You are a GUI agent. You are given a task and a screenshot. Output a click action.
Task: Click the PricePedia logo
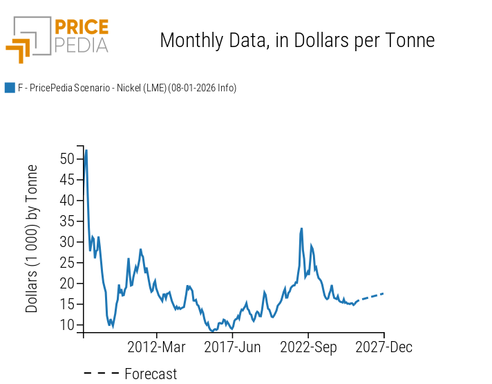click(x=57, y=39)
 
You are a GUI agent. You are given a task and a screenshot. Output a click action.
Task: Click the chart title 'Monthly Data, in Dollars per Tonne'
click(x=297, y=40)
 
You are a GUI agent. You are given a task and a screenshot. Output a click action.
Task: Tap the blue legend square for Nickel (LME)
click(x=10, y=88)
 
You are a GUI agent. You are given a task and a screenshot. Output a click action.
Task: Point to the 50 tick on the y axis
click(x=67, y=158)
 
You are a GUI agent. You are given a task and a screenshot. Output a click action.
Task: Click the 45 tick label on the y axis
click(x=67, y=179)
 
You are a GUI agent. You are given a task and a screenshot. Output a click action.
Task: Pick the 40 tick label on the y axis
click(x=67, y=200)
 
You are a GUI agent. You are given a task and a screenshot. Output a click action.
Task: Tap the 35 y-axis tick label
click(x=67, y=221)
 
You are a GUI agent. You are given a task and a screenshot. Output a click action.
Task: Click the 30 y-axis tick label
click(x=67, y=241)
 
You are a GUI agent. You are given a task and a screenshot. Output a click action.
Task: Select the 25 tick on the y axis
click(x=67, y=262)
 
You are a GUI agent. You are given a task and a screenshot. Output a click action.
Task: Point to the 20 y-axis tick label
click(x=67, y=283)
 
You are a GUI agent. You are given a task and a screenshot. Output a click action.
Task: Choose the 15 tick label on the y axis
click(x=67, y=304)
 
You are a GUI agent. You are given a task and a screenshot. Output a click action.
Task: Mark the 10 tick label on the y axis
click(x=67, y=324)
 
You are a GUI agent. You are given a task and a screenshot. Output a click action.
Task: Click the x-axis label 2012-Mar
click(x=156, y=347)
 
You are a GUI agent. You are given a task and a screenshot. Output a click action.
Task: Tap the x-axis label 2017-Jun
click(x=232, y=347)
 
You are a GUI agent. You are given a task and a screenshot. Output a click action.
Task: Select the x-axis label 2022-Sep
click(x=308, y=347)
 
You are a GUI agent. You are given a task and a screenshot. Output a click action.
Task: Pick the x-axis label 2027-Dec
click(x=384, y=347)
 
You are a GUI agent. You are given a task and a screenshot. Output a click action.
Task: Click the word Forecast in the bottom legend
click(x=151, y=374)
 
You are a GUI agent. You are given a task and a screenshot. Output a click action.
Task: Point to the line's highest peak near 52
click(x=86, y=150)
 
